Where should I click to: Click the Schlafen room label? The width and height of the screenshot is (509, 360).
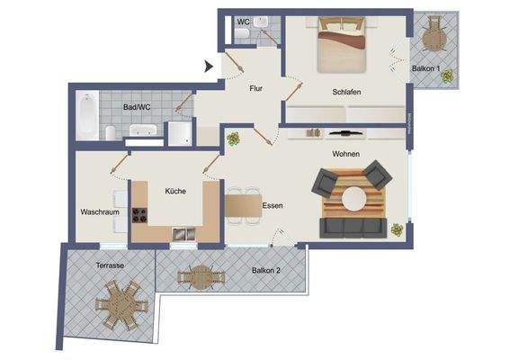(346, 92)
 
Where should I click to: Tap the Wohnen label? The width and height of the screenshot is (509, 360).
(346, 154)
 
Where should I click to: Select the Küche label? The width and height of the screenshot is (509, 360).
(174, 191)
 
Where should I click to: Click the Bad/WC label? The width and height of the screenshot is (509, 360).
(137, 107)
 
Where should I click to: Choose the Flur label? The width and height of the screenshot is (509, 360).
(261, 88)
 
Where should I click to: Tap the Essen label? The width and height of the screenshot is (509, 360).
(272, 206)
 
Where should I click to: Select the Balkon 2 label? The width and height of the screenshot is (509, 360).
(266, 270)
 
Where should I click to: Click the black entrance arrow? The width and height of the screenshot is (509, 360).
(208, 65)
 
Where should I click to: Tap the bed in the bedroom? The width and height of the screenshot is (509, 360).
(343, 47)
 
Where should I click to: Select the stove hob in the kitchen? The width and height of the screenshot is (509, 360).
(140, 215)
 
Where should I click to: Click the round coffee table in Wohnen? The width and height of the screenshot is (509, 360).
(356, 198)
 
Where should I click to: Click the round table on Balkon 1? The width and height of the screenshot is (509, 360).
(434, 38)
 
